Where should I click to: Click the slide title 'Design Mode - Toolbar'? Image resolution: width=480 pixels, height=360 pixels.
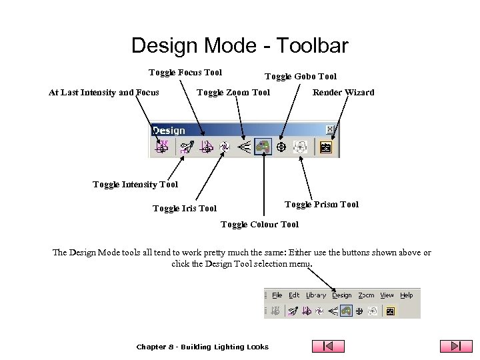tap(239, 45)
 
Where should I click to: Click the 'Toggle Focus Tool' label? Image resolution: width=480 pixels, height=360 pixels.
tap(185, 73)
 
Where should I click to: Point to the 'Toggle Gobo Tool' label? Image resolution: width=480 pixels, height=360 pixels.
tap(301, 77)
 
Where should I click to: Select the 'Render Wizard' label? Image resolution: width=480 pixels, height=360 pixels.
tap(343, 93)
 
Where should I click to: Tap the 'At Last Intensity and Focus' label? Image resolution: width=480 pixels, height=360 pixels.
tap(104, 93)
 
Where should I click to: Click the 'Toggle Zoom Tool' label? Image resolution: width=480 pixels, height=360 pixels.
tap(233, 93)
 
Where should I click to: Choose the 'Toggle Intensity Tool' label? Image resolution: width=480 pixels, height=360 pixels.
tap(135, 185)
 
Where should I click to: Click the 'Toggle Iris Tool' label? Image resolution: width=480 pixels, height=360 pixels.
tap(185, 209)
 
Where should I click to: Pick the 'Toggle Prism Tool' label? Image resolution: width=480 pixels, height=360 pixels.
tap(321, 205)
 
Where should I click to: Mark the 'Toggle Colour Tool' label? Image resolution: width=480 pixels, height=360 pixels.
tap(259, 225)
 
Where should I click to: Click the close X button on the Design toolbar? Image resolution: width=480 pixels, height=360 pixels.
tap(330, 129)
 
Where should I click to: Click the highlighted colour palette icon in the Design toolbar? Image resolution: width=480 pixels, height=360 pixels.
tap(264, 147)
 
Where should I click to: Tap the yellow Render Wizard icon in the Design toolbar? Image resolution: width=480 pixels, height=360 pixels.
tap(326, 147)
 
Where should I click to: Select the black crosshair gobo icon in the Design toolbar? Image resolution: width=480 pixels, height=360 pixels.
tap(281, 147)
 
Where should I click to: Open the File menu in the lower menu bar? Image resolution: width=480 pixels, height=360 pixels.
tap(277, 295)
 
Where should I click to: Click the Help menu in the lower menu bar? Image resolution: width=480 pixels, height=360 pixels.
tap(407, 295)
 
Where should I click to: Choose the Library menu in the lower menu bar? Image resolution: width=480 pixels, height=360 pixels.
tap(316, 295)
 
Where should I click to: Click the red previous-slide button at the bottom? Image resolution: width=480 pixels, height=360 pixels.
tap(329, 346)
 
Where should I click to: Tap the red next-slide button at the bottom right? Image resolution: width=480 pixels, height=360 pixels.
tap(456, 346)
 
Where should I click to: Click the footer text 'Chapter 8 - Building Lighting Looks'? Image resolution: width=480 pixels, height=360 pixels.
tap(202, 347)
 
